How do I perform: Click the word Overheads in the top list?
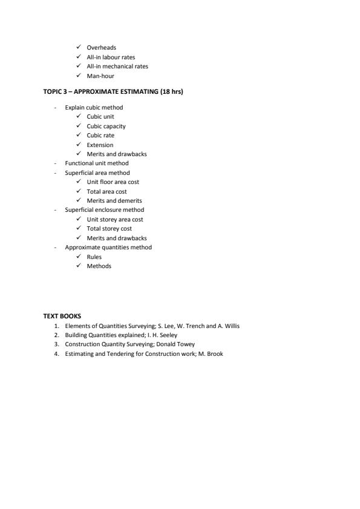[101, 47]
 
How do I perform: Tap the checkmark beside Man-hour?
[79, 76]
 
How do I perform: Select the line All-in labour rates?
[111, 57]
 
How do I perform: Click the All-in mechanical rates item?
[117, 66]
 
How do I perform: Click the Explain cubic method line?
[94, 107]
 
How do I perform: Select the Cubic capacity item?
[106, 126]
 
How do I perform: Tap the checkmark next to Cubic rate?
[79, 135]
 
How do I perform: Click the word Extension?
[100, 145]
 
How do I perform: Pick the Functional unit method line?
[97, 163]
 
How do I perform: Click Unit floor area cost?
[113, 182]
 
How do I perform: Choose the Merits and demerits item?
[114, 200]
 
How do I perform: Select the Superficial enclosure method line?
[105, 209]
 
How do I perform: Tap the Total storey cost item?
[109, 228]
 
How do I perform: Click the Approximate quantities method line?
[108, 247]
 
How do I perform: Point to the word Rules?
[94, 257]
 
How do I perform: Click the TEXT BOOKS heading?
[62, 316]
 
